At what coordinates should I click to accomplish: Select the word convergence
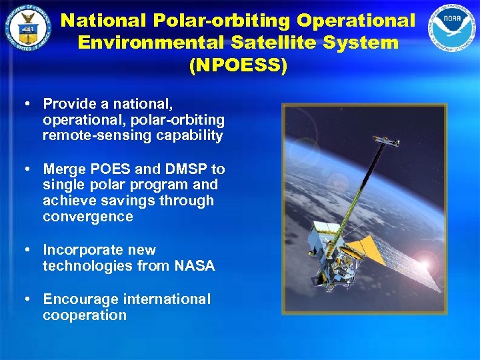pos(87,217)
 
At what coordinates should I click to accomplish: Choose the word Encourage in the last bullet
pos(84,299)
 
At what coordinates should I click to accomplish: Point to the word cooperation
pos(84,315)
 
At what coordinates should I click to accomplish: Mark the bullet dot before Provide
pos(25,104)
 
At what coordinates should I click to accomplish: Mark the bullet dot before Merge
pos(25,169)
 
